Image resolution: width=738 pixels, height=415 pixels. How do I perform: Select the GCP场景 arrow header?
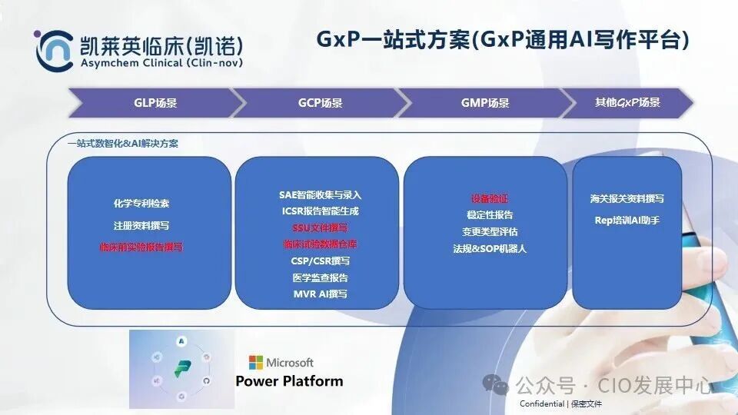pyautogui.click(x=320, y=103)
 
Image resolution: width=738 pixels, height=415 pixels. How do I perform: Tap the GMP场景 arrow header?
pyautogui.click(x=484, y=103)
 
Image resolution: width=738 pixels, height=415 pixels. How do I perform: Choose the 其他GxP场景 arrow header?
pyautogui.click(x=627, y=102)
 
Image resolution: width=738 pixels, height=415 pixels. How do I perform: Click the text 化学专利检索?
pyautogui.click(x=141, y=204)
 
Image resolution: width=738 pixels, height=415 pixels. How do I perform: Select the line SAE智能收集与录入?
pyautogui.click(x=320, y=195)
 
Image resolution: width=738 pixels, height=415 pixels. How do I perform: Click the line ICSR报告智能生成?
pyautogui.click(x=320, y=211)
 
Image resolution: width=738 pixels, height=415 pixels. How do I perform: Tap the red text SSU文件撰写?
pyautogui.click(x=320, y=228)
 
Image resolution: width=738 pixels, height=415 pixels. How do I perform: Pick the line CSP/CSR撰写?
pyautogui.click(x=320, y=261)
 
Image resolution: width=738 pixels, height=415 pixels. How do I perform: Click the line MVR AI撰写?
pyautogui.click(x=320, y=294)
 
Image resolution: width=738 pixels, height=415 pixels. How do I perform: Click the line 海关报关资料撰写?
pyautogui.click(x=627, y=199)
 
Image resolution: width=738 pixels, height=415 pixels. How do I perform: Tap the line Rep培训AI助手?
pyautogui.click(x=627, y=221)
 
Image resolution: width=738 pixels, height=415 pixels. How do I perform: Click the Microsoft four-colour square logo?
pyautogui.click(x=255, y=363)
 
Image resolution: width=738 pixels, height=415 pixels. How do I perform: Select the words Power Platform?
pyautogui.click(x=289, y=381)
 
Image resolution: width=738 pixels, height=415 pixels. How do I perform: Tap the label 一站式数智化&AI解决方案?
pyautogui.click(x=122, y=144)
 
